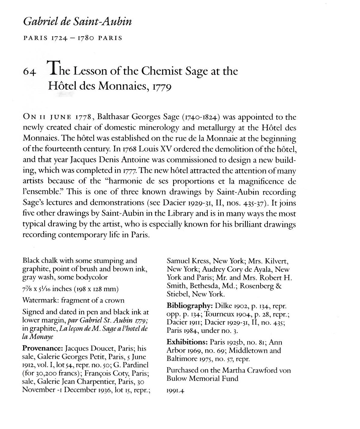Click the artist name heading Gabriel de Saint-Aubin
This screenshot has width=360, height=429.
[78, 22]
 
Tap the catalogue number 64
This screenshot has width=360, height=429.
[30, 73]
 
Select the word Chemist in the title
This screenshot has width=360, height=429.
[162, 71]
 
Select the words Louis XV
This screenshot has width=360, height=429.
[156, 149]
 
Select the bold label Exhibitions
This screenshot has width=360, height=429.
[187, 342]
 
